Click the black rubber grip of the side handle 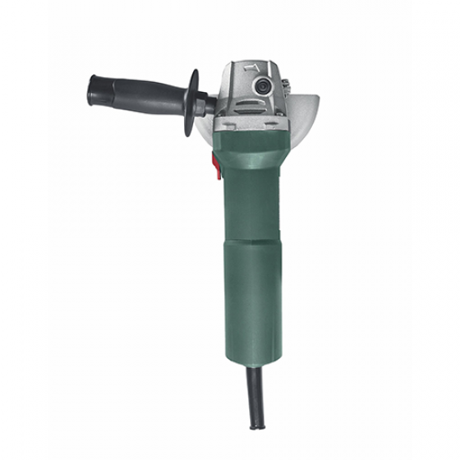[138, 95]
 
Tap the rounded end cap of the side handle [92, 87]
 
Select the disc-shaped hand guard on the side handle [194, 97]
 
